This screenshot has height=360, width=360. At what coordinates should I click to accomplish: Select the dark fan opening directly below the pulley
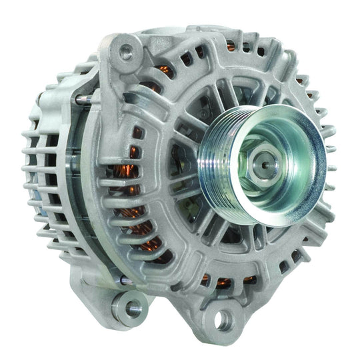click(233, 230)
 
